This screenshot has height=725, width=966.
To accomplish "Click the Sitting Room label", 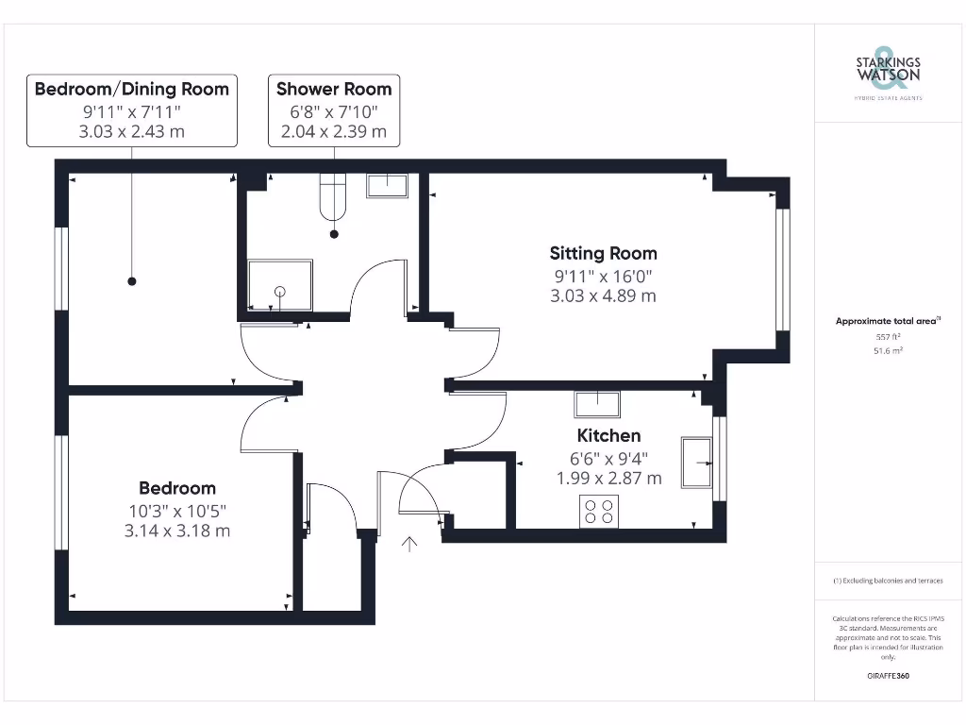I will tap(603, 253).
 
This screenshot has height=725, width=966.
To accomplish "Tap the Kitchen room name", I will tap(608, 435).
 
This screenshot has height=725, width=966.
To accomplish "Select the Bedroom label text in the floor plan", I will tap(177, 488).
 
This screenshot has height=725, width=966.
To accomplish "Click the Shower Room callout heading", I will tap(334, 89).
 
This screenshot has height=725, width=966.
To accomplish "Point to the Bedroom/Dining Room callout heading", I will tap(132, 89).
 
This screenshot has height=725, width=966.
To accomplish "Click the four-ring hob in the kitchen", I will tap(599, 511).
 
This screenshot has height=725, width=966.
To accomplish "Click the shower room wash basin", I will tap(387, 186).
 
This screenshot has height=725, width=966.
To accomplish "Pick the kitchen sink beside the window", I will tap(698, 462).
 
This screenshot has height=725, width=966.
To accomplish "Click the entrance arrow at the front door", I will tap(409, 545).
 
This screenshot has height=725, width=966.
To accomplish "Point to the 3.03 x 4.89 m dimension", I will tap(603, 295).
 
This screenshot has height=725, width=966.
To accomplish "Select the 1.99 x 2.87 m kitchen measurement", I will tap(608, 479).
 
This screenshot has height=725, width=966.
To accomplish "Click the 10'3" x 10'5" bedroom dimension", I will tap(177, 510).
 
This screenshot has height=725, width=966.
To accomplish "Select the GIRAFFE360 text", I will tap(888, 676).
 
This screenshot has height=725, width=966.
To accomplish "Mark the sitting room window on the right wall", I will tap(782, 269).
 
